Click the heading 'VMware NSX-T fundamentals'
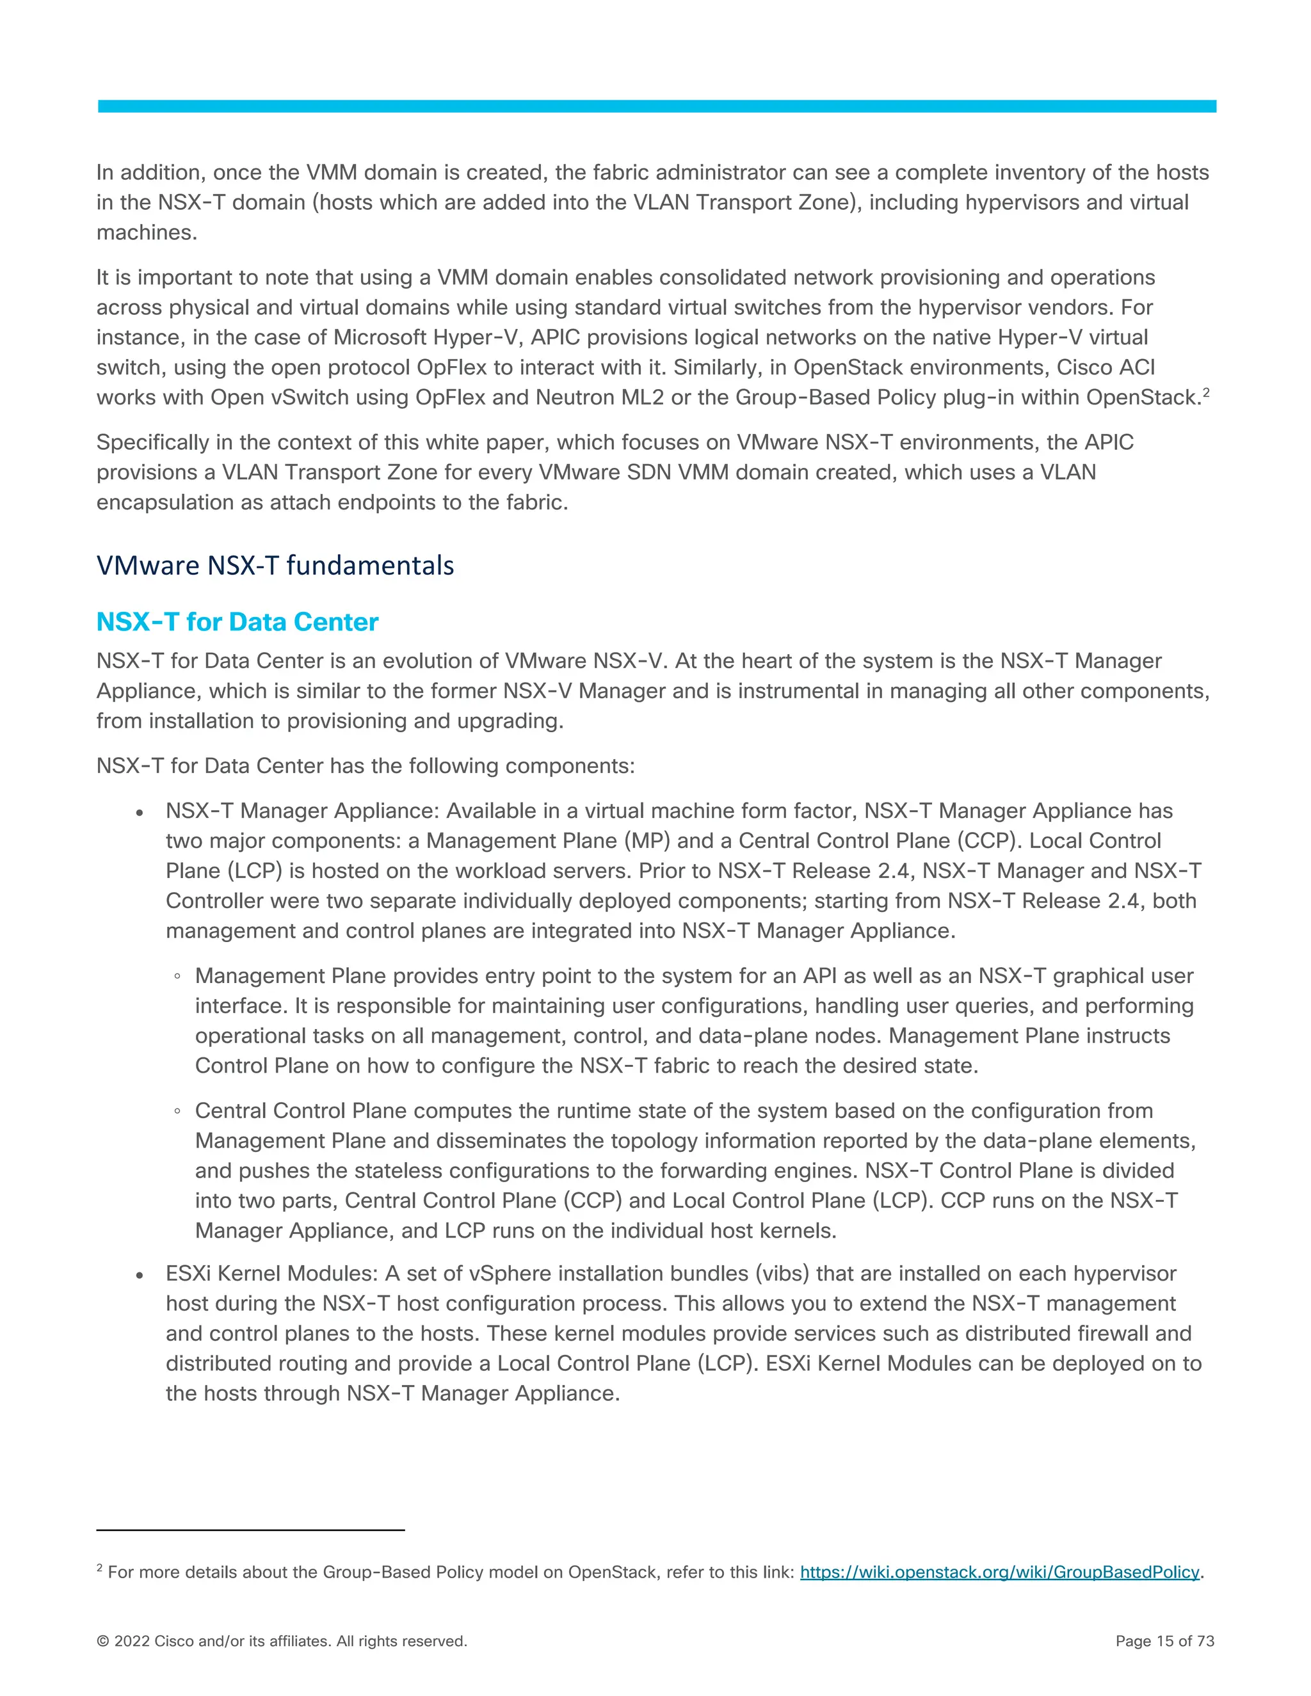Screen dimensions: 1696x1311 click(275, 565)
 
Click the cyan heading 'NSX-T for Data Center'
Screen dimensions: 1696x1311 click(237, 622)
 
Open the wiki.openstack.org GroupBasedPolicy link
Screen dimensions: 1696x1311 click(999, 1572)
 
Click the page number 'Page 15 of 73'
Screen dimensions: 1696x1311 click(1164, 1641)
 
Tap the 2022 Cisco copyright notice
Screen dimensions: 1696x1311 click(281, 1641)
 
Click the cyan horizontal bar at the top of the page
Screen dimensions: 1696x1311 click(656, 106)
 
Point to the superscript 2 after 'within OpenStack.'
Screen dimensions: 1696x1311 click(1206, 392)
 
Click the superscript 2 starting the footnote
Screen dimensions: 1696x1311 click(99, 1568)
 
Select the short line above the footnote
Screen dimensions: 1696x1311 click(250, 1530)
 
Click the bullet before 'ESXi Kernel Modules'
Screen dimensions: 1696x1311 click(140, 1275)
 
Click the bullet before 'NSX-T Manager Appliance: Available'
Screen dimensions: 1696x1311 click(140, 812)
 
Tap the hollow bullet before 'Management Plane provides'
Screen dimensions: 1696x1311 click(178, 977)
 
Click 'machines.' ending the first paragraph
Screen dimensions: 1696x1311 click(147, 232)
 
